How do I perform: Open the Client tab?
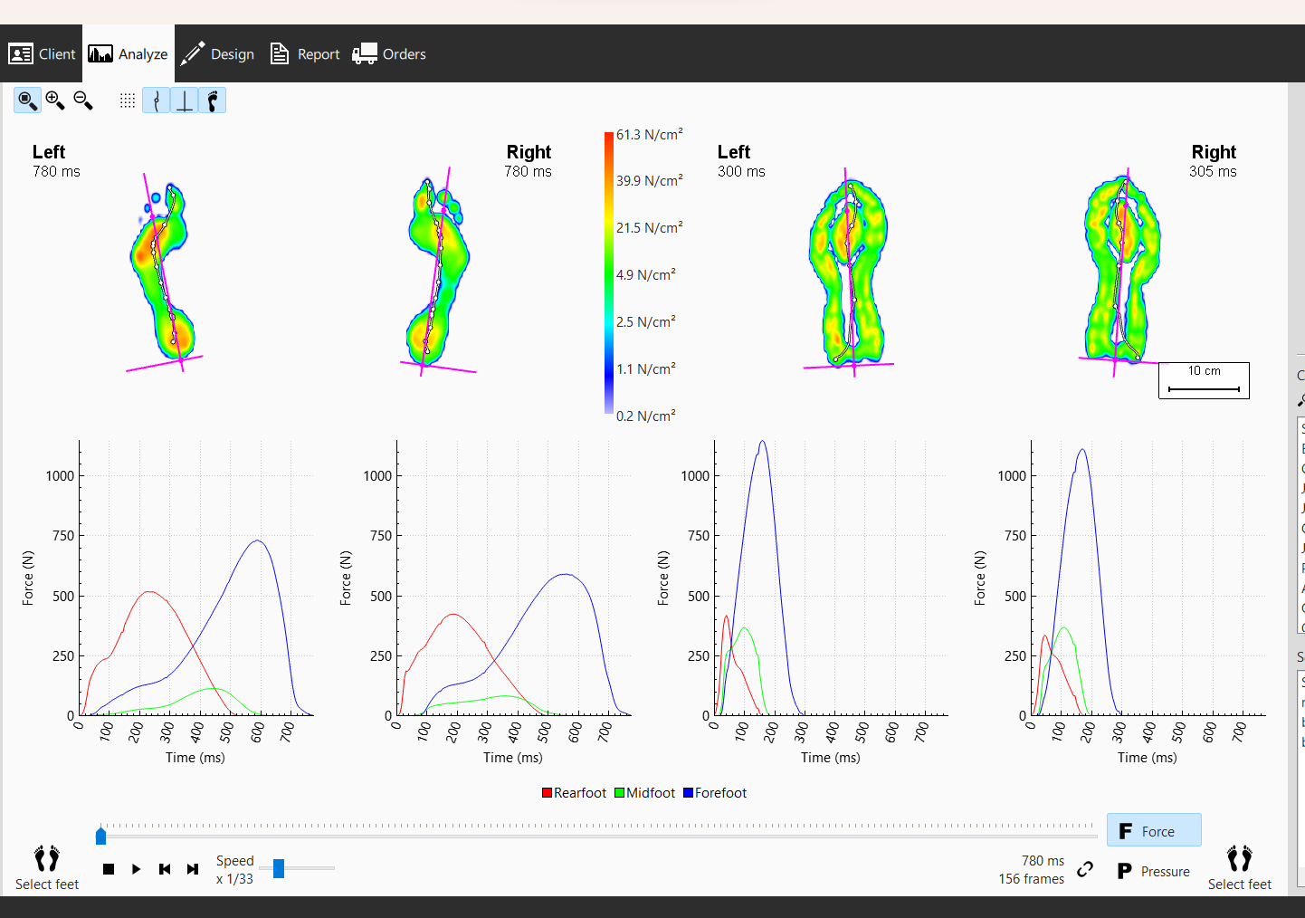[42, 54]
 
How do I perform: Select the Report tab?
[305, 54]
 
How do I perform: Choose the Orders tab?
[389, 54]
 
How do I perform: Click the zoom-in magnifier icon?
[55, 100]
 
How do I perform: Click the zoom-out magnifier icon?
[83, 100]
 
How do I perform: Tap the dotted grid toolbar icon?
[128, 100]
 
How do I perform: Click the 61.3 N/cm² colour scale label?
[649, 135]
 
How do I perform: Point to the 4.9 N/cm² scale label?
[645, 275]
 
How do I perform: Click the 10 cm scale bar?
[1204, 381]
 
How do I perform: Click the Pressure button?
[1154, 871]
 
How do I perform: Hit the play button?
[136, 869]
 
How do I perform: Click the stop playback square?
[109, 869]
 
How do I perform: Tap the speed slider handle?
[279, 869]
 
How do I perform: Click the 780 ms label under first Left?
[56, 172]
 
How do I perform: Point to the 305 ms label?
[1213, 172]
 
